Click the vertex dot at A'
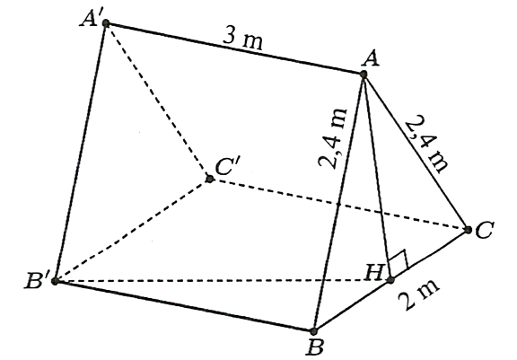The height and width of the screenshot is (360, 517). pos(106,23)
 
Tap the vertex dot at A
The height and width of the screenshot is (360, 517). pos(364,75)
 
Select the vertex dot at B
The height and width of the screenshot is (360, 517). pos(313,331)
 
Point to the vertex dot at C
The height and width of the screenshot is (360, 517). pos(468,230)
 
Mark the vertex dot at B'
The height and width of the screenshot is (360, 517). pos(55,281)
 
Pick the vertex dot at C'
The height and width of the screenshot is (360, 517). pos(209,179)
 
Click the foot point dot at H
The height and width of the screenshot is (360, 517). pos(390,280)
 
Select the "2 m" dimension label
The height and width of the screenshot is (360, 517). pos(418,294)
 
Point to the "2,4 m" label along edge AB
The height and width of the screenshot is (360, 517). pos(333,138)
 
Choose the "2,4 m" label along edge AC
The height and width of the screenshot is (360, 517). pos(427,143)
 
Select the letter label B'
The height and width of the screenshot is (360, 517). pos(37,282)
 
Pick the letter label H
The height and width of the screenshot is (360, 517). pos(374,273)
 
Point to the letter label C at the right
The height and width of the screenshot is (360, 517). pos(485,230)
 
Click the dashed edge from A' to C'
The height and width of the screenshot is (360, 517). pos(158,101)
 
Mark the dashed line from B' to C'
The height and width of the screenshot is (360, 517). pos(132,230)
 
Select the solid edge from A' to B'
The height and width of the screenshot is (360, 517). pos(81,152)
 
